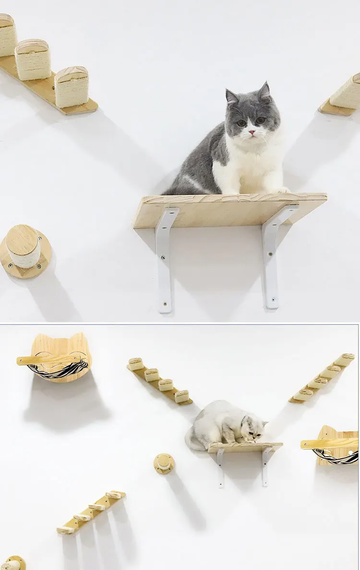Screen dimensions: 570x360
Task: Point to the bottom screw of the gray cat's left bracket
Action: (x=165, y=304)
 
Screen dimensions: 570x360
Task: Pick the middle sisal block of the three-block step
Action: (x=33, y=60)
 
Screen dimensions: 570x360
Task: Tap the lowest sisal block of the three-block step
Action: (x=72, y=87)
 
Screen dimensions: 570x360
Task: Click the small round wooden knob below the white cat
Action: (x=164, y=463)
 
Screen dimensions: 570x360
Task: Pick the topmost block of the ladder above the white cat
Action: (x=136, y=364)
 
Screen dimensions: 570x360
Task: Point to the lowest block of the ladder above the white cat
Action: (x=182, y=396)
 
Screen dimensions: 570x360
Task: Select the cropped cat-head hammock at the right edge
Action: (x=336, y=447)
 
